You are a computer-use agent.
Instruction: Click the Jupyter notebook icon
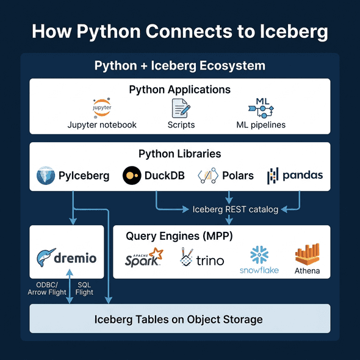pyautogui.click(x=102, y=107)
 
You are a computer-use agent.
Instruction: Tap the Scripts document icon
pyautogui.click(x=181, y=108)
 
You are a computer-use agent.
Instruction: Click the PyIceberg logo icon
pyautogui.click(x=46, y=176)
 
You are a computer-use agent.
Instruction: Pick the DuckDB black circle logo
pyautogui.click(x=131, y=176)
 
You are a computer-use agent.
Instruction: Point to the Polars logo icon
pyautogui.click(x=207, y=176)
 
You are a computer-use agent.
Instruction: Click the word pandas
pyautogui.click(x=302, y=176)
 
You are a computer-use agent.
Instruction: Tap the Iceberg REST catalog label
pyautogui.click(x=235, y=209)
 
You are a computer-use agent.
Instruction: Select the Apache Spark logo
pyautogui.click(x=144, y=259)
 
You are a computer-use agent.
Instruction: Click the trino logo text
pyautogui.click(x=210, y=261)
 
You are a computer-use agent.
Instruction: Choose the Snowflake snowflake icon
pyautogui.click(x=259, y=254)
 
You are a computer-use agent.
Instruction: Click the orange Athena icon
pyautogui.click(x=307, y=255)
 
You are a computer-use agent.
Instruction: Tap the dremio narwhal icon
pyautogui.click(x=46, y=259)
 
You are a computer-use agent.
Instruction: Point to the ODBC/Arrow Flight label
pyautogui.click(x=46, y=288)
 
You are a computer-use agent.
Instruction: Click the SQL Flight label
pyautogui.click(x=84, y=288)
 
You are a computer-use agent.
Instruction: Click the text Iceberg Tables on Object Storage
pyautogui.click(x=178, y=319)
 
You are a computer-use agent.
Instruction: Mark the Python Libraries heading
pyautogui.click(x=179, y=154)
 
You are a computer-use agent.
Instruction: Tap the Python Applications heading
pyautogui.click(x=179, y=90)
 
